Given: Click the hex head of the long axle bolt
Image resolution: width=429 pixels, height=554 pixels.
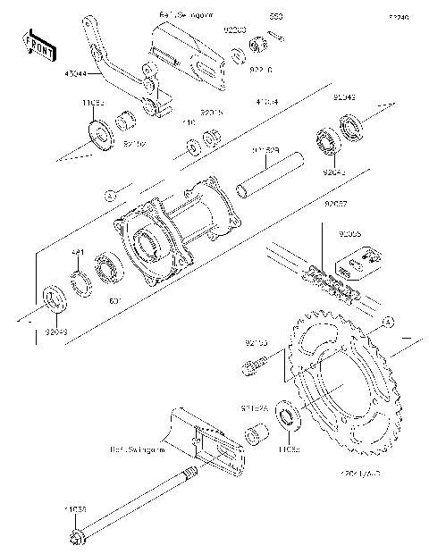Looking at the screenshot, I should (75, 535).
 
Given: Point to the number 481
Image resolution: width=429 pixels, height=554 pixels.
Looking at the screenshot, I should (78, 253).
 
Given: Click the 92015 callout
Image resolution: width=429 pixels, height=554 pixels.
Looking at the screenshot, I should (211, 113).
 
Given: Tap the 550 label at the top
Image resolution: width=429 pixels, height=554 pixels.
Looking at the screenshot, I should (277, 17).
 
